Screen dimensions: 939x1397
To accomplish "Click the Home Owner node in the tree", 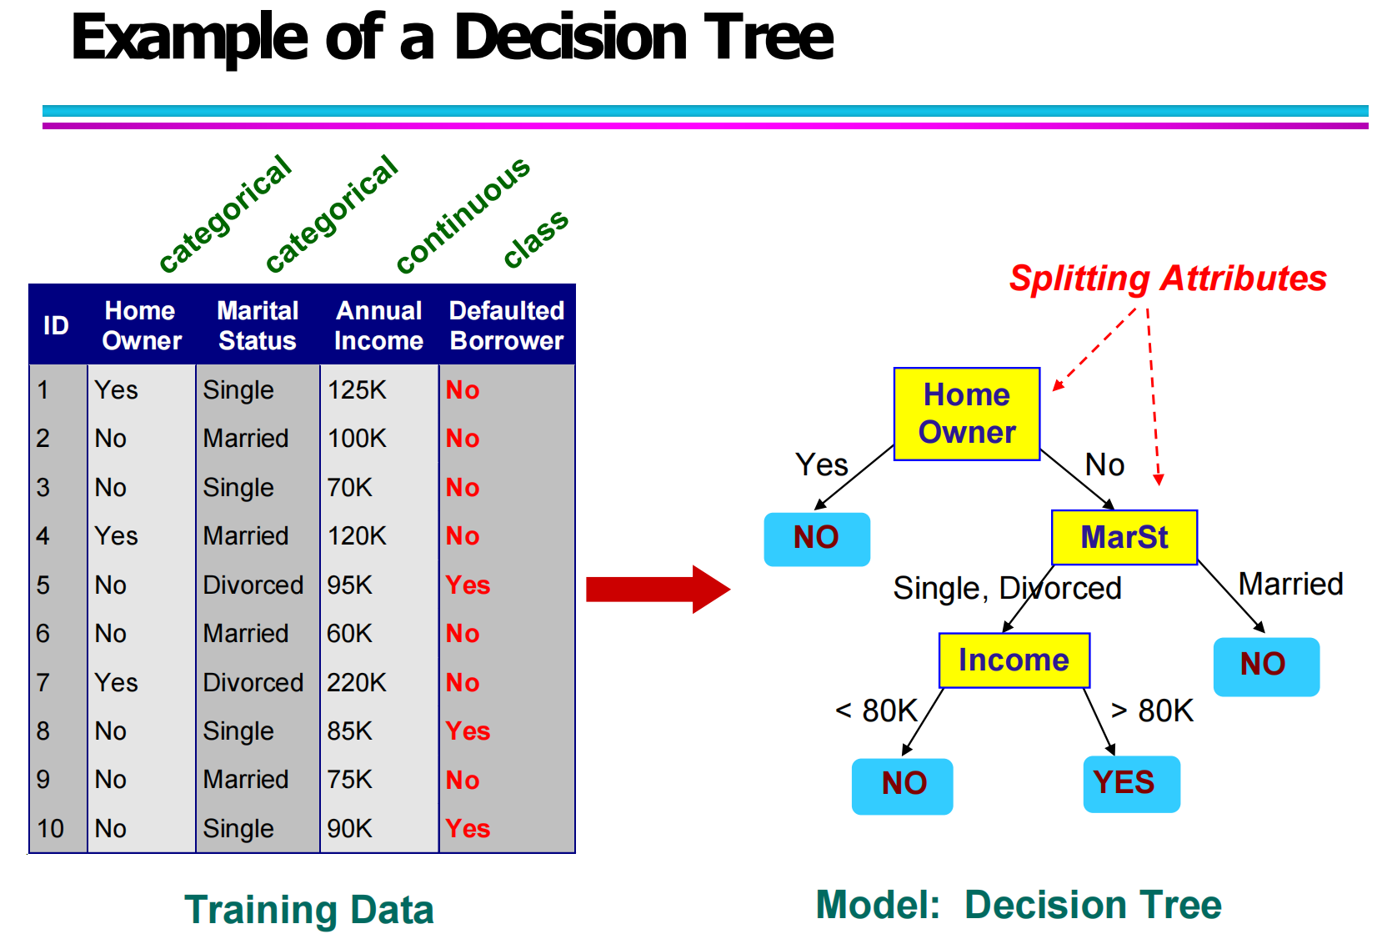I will [x=966, y=414].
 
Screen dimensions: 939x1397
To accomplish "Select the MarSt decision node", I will [x=1124, y=537].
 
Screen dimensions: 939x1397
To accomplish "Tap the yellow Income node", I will [x=1014, y=660].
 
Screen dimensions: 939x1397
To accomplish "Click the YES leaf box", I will [x=1131, y=783].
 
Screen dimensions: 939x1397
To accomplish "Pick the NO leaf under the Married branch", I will [x=1265, y=665].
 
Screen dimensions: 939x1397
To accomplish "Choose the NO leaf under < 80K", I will [x=902, y=785].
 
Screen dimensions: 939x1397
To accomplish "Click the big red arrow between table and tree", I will [x=657, y=589].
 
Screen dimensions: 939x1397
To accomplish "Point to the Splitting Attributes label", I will [x=1167, y=279].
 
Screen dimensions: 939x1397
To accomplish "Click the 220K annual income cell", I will [x=357, y=682].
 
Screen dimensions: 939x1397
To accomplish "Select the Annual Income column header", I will [x=378, y=325].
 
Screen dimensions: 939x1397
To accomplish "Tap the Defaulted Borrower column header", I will [x=506, y=325].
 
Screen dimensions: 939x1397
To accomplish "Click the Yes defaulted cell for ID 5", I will [x=468, y=585].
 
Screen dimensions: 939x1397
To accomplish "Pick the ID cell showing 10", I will [x=51, y=828].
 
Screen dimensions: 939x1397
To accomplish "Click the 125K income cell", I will [x=357, y=389].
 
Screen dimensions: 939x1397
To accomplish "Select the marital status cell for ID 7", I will [x=253, y=682].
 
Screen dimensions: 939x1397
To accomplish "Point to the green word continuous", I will [x=463, y=214].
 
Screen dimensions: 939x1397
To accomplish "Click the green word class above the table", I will [x=536, y=239].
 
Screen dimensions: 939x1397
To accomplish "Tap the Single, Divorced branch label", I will [x=1006, y=589].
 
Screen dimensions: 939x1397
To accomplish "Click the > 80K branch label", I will [x=1152, y=711].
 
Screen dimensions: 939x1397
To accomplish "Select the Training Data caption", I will [x=308, y=909].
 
